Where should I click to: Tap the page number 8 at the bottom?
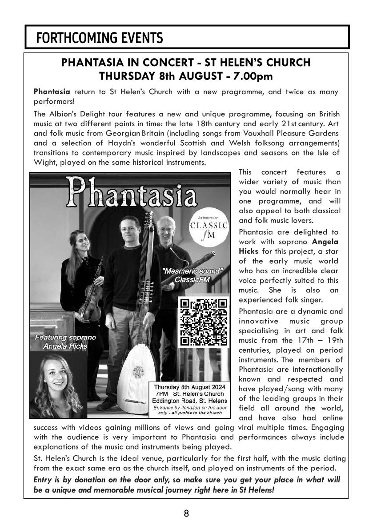click(186, 513)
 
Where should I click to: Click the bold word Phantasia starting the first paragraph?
click(52, 92)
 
